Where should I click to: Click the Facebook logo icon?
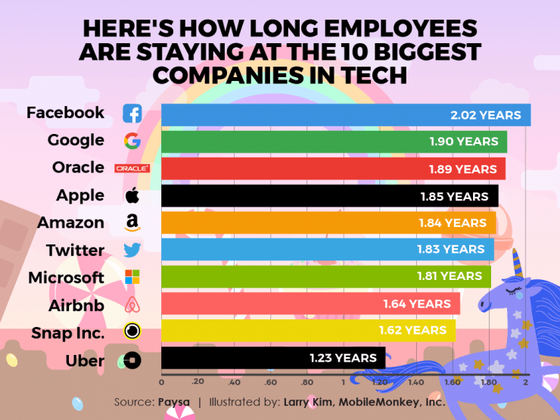coord(132,114)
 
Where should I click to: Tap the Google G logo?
coord(132,141)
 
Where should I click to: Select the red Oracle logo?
coord(132,168)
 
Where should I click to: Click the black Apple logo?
coord(132,195)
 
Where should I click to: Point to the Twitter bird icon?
coord(132,250)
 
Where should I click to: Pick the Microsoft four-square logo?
coord(132,277)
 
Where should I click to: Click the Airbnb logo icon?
coord(132,305)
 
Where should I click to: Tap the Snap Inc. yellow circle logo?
coord(132,331)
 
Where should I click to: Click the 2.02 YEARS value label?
coord(485,115)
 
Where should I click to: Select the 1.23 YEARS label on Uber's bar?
coord(343,358)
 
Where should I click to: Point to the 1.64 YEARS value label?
coord(417,303)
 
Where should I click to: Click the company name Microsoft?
coord(66,278)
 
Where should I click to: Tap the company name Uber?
coord(85,360)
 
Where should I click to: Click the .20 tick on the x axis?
coord(198,382)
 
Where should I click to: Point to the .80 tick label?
coord(306,382)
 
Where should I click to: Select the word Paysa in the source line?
coord(174,402)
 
